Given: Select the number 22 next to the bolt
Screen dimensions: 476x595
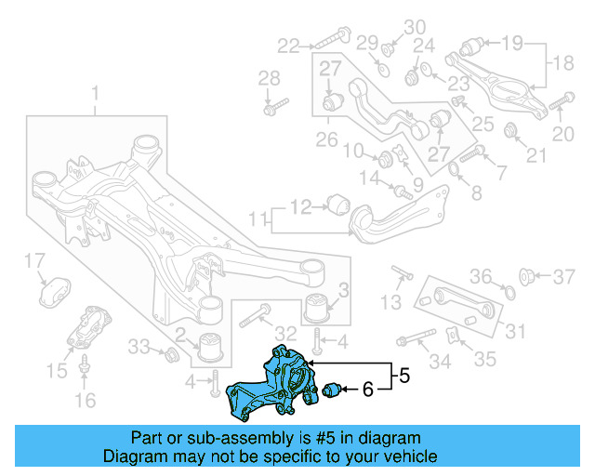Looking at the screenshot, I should tap(288, 44).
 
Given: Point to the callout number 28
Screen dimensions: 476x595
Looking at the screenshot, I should tap(268, 77).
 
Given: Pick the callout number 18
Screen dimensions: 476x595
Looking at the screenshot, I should tap(564, 63).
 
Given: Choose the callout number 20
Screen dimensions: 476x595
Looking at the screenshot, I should tap(563, 135).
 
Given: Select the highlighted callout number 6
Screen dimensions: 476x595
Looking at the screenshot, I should tap(368, 390).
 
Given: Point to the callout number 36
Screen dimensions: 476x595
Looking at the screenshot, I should tap(479, 275).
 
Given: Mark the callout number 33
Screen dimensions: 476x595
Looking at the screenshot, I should tap(138, 347).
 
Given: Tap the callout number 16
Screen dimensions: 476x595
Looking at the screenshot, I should tap(85, 401).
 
